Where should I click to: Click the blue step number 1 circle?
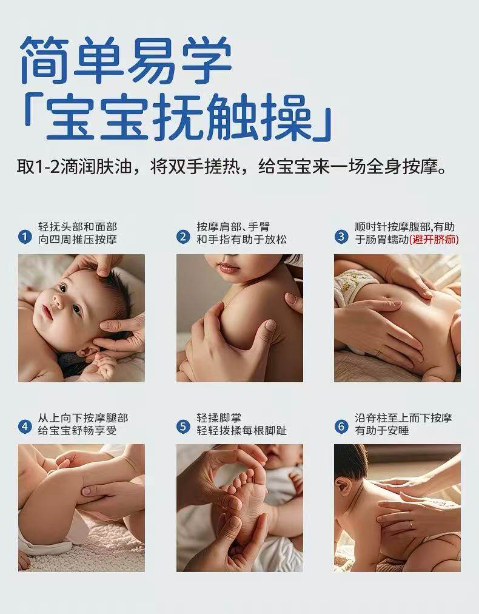(x=25, y=237)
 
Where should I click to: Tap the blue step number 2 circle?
(x=183, y=237)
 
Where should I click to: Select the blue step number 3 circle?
(x=341, y=237)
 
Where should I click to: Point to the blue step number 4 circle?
(x=25, y=427)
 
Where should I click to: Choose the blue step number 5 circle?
(x=183, y=427)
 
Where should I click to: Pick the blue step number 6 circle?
(x=341, y=427)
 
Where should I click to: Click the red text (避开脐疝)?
(x=434, y=239)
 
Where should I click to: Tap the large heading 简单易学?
(x=126, y=60)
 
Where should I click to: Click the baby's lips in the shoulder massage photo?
(x=228, y=268)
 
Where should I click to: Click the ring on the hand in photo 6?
(x=410, y=524)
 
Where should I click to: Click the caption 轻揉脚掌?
(x=219, y=418)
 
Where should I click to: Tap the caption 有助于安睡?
(x=382, y=431)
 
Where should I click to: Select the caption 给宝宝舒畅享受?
(x=78, y=431)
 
